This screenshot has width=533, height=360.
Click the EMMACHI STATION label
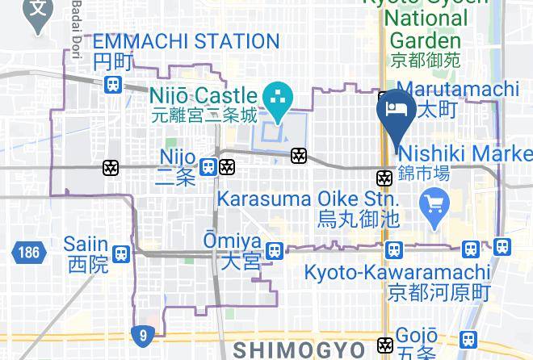click(186, 41)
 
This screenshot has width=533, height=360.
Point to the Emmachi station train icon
click(113, 83)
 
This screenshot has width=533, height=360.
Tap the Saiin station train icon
click(121, 253)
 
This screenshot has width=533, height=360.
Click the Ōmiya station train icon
click(275, 251)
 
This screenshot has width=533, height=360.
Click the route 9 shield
click(143, 334)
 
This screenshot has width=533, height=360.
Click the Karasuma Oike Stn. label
click(304, 199)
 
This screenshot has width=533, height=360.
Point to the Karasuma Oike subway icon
click(385, 178)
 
